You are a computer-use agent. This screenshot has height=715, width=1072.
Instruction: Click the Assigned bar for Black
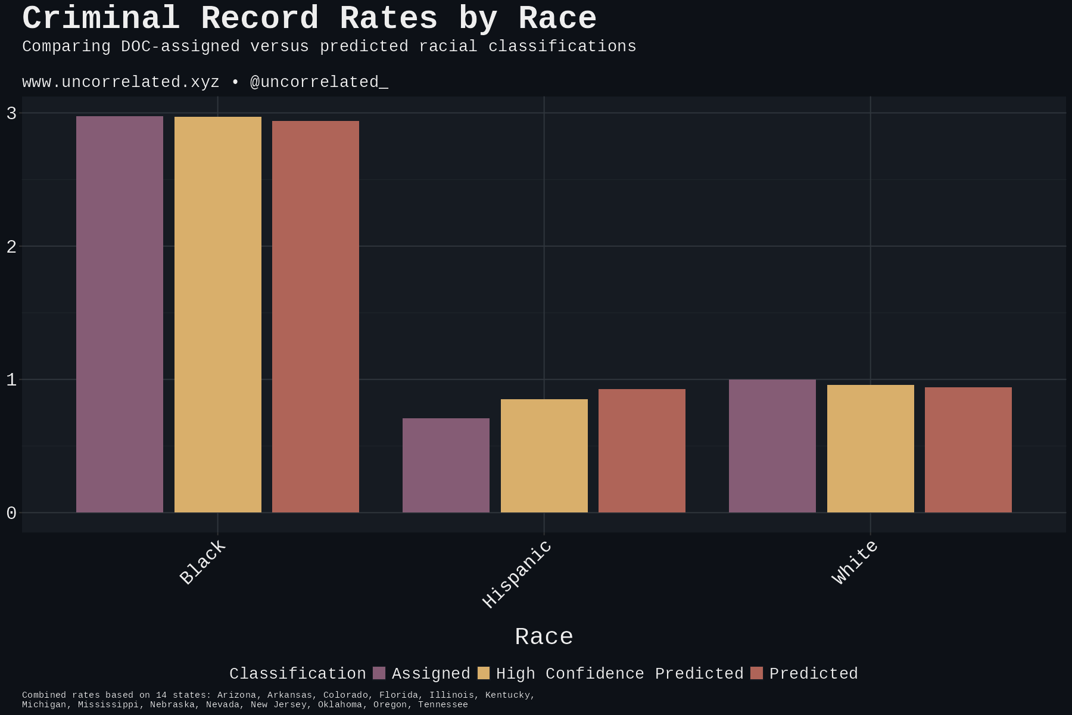(120, 314)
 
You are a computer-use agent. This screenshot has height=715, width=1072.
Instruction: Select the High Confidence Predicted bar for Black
(218, 315)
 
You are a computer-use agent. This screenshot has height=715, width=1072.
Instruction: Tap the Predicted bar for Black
(316, 316)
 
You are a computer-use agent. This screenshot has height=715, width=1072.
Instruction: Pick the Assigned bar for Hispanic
(446, 465)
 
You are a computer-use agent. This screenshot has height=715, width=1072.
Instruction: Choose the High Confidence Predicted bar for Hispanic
(544, 456)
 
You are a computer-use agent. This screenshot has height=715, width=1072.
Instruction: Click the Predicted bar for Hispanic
(642, 450)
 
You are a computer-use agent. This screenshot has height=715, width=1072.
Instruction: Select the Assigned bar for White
(772, 446)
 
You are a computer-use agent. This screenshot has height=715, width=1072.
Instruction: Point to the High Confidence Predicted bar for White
(871, 449)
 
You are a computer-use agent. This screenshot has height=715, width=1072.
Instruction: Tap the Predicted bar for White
(968, 450)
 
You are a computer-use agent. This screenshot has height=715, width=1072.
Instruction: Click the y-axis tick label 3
(11, 113)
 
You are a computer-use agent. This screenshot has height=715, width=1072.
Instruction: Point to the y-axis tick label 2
(11, 247)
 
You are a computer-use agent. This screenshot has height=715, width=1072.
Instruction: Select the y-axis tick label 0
(11, 513)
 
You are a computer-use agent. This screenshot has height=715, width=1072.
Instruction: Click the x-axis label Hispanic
(518, 574)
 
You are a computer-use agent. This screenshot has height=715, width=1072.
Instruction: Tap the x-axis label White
(855, 562)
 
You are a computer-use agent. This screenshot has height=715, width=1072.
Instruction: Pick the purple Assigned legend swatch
(379, 673)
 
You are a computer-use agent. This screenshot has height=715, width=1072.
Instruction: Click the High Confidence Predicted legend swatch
(484, 673)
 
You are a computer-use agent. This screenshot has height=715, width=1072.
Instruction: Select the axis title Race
(544, 637)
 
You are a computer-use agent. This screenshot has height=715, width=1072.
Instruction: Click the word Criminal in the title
(101, 18)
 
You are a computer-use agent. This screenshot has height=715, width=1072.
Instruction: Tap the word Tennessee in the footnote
(442, 705)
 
